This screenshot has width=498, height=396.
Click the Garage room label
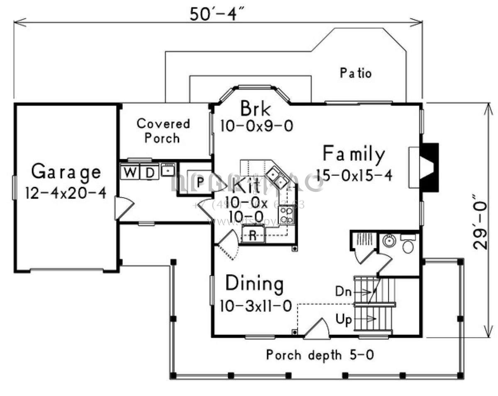(x=66, y=172)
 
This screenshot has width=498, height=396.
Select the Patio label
(x=356, y=73)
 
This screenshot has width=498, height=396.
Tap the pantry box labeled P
(x=200, y=182)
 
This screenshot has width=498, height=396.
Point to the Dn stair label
(x=343, y=292)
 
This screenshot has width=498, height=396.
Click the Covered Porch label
(x=163, y=130)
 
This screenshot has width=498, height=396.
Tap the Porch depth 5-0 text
(x=321, y=355)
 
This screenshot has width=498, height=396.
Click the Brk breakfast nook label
(x=256, y=109)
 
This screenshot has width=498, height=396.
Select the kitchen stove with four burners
(x=287, y=215)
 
